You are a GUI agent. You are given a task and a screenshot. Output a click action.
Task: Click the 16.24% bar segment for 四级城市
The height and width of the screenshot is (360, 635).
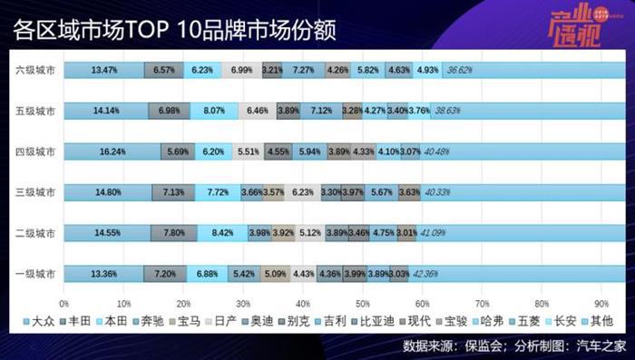[x=112, y=151]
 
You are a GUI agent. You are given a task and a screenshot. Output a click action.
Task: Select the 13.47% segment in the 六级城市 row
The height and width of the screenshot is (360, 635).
[x=104, y=69]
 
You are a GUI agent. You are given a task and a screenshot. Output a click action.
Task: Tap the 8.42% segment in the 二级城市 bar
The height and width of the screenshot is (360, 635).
[x=222, y=233]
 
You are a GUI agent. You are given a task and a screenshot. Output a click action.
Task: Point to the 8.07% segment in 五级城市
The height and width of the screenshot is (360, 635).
[x=214, y=111]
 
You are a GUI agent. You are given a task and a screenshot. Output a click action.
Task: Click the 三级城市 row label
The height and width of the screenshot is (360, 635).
[x=35, y=192]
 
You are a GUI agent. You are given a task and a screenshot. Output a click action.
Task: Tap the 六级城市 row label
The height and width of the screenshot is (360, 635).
[x=35, y=70]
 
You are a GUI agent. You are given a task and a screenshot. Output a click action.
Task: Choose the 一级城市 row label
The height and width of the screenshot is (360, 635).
[x=35, y=274]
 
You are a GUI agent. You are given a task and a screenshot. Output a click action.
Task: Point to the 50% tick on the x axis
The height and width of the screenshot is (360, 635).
[x=362, y=303]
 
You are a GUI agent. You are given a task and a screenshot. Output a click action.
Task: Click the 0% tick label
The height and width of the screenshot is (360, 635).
[x=63, y=303]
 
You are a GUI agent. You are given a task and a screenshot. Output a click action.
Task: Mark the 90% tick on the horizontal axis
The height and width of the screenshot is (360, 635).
[x=601, y=303]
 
